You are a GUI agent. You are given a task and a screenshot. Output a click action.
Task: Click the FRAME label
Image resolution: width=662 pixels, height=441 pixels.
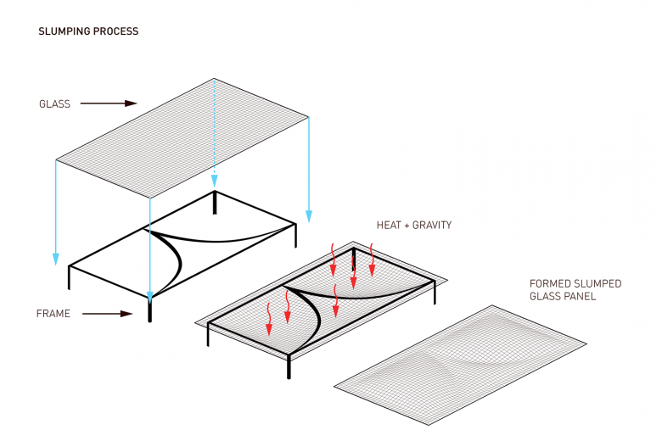[53, 314]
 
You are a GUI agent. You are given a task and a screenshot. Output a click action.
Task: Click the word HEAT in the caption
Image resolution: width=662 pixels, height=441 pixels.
[390, 226]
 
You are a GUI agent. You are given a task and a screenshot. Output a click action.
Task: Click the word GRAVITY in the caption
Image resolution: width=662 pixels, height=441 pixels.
[433, 226]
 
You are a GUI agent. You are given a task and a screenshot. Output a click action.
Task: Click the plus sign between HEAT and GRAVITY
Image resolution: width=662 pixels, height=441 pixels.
[408, 226]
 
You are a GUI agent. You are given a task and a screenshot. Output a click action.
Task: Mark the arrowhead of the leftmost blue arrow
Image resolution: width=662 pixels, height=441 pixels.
[55, 259]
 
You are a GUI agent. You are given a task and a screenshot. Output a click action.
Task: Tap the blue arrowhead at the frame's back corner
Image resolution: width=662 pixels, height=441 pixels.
[215, 180]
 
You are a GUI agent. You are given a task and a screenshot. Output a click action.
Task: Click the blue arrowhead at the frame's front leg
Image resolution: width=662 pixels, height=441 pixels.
[150, 297]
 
